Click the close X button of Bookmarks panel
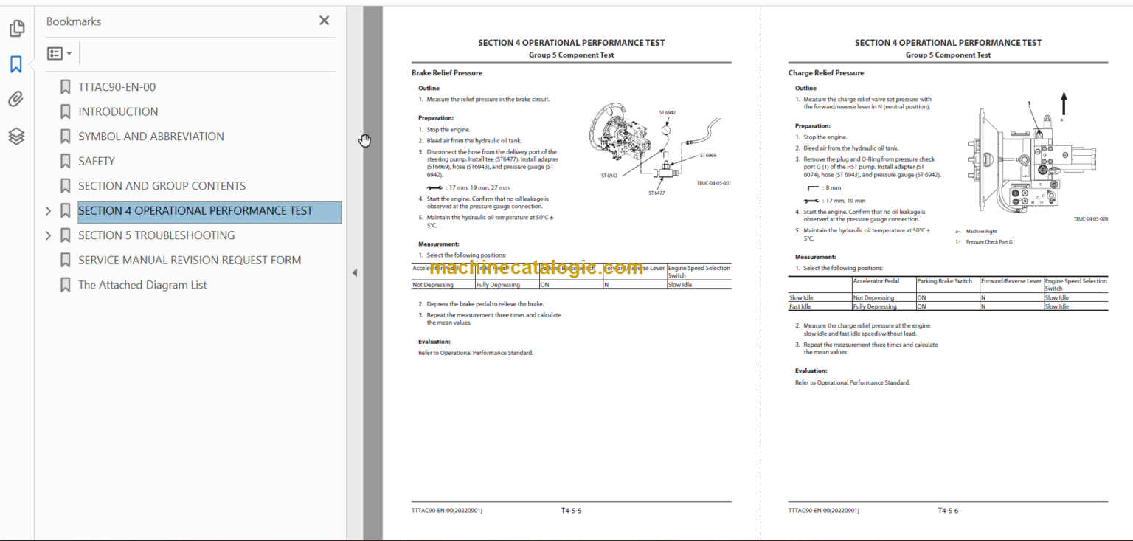[x=324, y=21]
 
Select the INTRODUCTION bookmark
[x=118, y=111]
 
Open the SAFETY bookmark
[x=97, y=161]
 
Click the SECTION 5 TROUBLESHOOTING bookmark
[x=156, y=235]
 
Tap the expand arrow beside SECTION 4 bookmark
[x=49, y=211]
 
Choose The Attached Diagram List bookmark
[x=142, y=285]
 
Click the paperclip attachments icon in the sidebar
[x=16, y=99]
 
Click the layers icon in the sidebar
[x=16, y=136]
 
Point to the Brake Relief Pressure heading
[x=447, y=73]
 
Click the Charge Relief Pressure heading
[x=825, y=73]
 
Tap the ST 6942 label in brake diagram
[x=667, y=113]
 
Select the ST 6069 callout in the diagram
[x=707, y=156]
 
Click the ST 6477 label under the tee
[x=656, y=193]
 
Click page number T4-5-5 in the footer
[x=571, y=510]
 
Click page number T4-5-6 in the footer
[x=948, y=510]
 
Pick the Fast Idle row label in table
[x=800, y=306]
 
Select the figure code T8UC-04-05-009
[x=1090, y=218]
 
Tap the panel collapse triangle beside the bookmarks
[x=354, y=272]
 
